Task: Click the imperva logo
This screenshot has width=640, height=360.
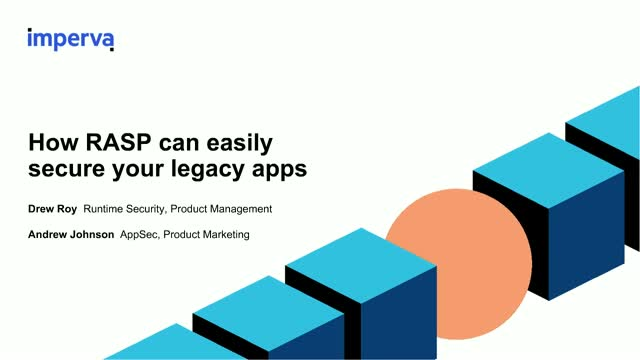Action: click(71, 39)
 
